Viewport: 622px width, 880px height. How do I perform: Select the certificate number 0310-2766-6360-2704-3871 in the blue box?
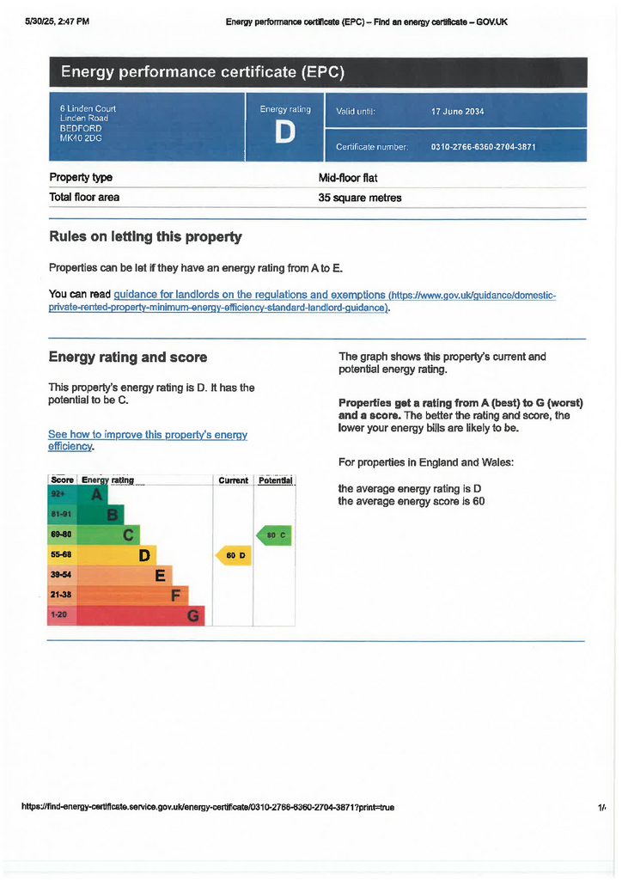click(x=483, y=147)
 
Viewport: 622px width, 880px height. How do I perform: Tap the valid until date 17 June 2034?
click(x=457, y=112)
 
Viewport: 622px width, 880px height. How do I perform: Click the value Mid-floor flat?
click(x=348, y=178)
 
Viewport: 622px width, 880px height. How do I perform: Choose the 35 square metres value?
click(x=360, y=198)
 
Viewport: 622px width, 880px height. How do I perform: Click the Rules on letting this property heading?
click(x=145, y=236)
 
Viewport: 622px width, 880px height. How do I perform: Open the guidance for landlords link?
click(x=249, y=295)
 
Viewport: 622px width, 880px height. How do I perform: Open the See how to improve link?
click(x=147, y=435)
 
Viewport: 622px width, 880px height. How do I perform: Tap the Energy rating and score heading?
click(x=127, y=357)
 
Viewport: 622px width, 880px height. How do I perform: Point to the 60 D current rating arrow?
click(x=233, y=555)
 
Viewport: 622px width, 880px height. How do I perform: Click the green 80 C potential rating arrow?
click(x=275, y=535)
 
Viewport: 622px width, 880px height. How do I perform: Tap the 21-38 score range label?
click(x=61, y=595)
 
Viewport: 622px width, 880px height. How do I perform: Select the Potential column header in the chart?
click(x=275, y=480)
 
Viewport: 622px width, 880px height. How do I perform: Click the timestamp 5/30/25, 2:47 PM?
click(x=58, y=21)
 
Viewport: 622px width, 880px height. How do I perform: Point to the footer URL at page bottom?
click(x=208, y=807)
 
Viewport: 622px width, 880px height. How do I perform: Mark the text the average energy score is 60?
click(x=412, y=501)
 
